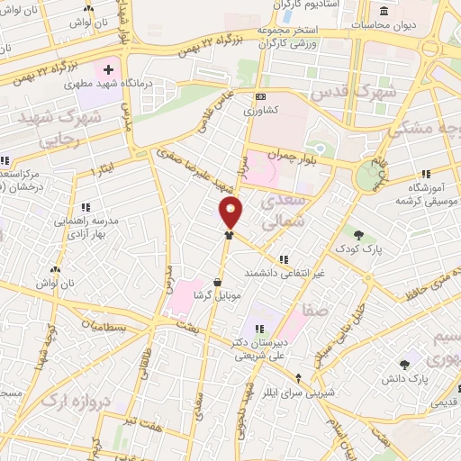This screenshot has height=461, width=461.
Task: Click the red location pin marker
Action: pyautogui.click(x=231, y=212)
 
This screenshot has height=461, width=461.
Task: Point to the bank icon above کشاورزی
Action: pyautogui.click(x=260, y=97)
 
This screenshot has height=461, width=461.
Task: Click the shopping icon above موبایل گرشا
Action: pyautogui.click(x=217, y=283)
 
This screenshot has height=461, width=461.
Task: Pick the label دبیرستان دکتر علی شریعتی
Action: pyautogui.click(x=258, y=348)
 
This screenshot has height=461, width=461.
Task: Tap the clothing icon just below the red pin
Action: pyautogui.click(x=230, y=235)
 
